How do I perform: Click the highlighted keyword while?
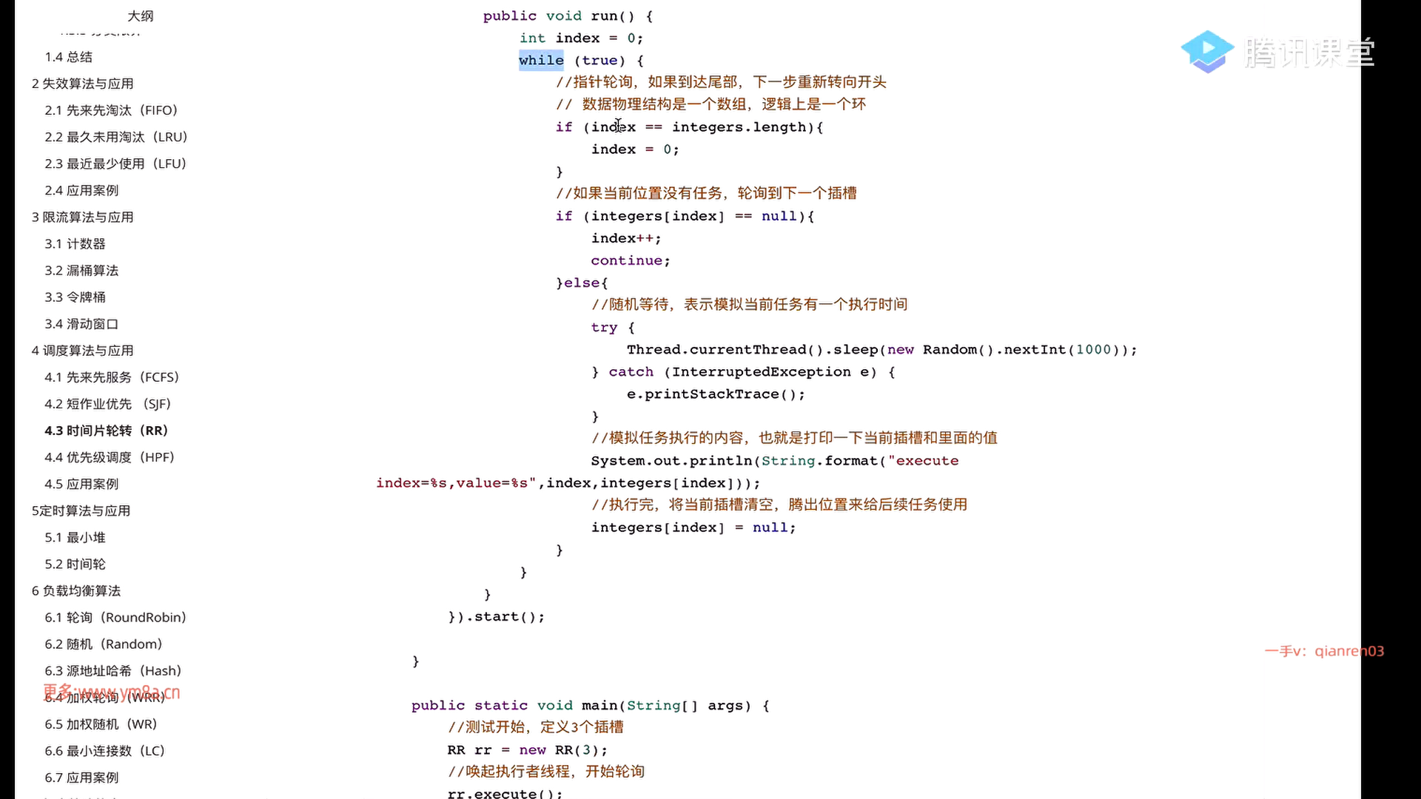[x=541, y=61]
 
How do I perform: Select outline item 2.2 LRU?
[x=115, y=137]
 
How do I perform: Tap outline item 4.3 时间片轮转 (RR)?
[x=106, y=431]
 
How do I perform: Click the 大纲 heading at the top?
[x=141, y=16]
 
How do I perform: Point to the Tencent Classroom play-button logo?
[x=1207, y=51]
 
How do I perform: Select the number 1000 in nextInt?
[x=1093, y=349]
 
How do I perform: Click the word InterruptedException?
[x=761, y=371]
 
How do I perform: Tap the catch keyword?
[x=631, y=371]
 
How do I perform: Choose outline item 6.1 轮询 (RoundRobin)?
[x=115, y=617]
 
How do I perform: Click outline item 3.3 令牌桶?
[x=75, y=297]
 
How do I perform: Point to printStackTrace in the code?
[x=711, y=394]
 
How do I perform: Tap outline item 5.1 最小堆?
[x=75, y=537]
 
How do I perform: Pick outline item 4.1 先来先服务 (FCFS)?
[x=112, y=377]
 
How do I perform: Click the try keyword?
[x=604, y=327]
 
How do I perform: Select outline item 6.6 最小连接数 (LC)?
[x=104, y=750]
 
